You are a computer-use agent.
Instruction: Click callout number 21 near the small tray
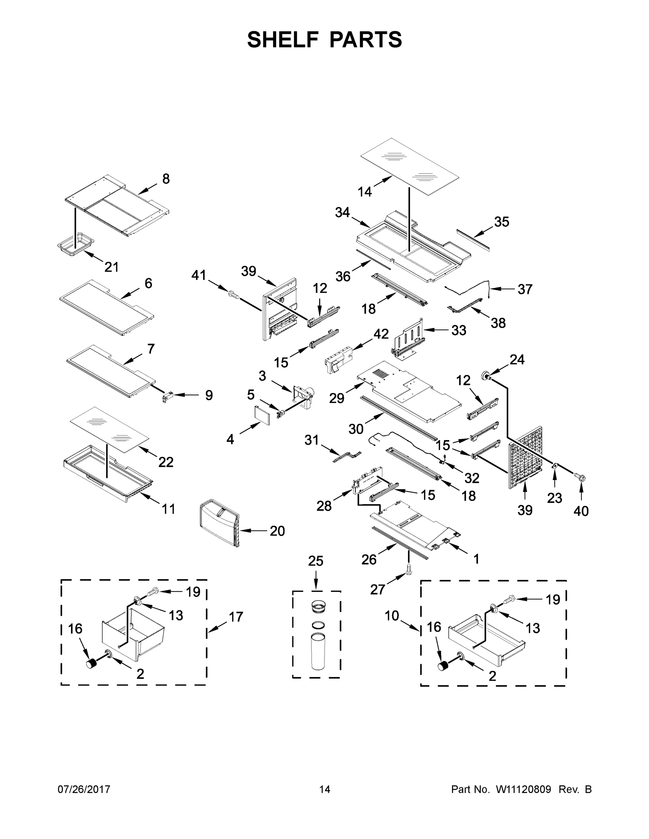pos(112,267)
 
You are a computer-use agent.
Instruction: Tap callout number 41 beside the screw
pos(199,275)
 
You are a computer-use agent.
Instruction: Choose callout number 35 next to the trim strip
pos(501,222)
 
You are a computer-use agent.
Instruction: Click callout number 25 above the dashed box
pos(315,561)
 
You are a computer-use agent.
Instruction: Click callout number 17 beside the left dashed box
pos(236,617)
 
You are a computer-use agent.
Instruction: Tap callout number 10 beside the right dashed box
pos(392,616)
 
